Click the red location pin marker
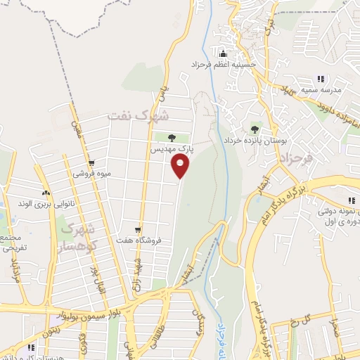(x=181, y=166)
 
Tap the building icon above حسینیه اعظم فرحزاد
(x=224, y=53)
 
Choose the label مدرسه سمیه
(x=323, y=91)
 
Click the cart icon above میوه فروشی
(x=91, y=161)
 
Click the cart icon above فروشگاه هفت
(x=139, y=228)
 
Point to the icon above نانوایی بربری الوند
(x=46, y=193)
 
